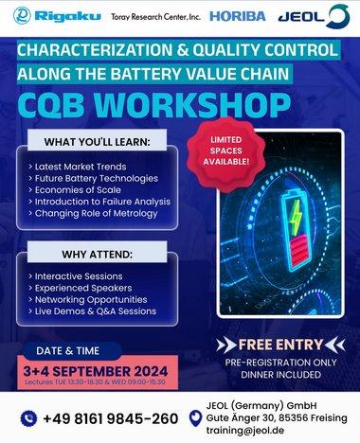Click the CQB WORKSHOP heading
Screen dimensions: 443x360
pos(179,102)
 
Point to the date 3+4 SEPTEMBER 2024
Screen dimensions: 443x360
pos(98,370)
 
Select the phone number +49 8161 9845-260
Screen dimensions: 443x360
pos(111,418)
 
